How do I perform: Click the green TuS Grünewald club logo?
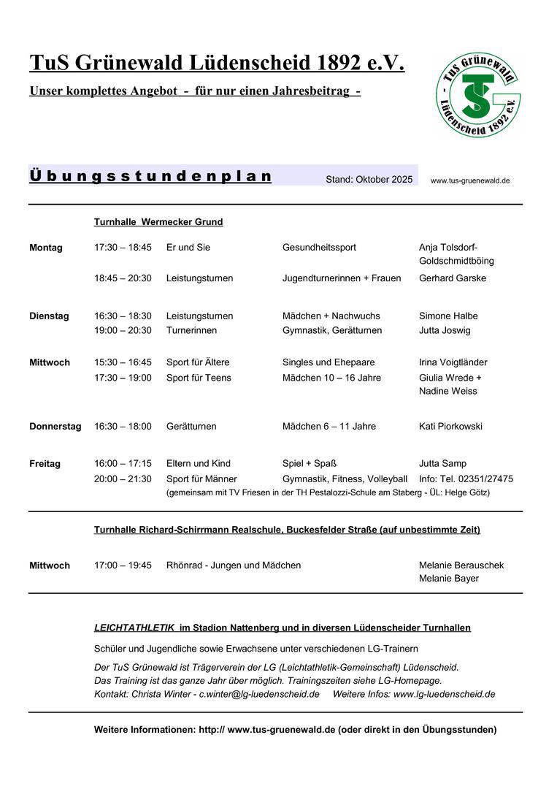(477, 95)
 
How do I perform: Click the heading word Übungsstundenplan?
(150, 177)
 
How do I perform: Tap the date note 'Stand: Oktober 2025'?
(369, 180)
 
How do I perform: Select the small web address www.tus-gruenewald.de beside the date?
(470, 180)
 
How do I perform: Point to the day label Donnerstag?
(55, 427)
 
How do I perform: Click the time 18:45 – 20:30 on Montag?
(123, 278)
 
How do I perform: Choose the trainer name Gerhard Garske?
(453, 278)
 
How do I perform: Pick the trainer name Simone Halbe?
(448, 316)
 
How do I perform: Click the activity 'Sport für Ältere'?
(198, 362)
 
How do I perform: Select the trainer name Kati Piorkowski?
(450, 427)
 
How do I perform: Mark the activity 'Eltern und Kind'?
(199, 464)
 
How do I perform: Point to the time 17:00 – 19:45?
(123, 565)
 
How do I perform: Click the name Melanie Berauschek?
(461, 565)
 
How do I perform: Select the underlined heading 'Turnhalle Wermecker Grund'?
(158, 222)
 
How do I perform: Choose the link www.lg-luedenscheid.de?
(444, 694)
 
